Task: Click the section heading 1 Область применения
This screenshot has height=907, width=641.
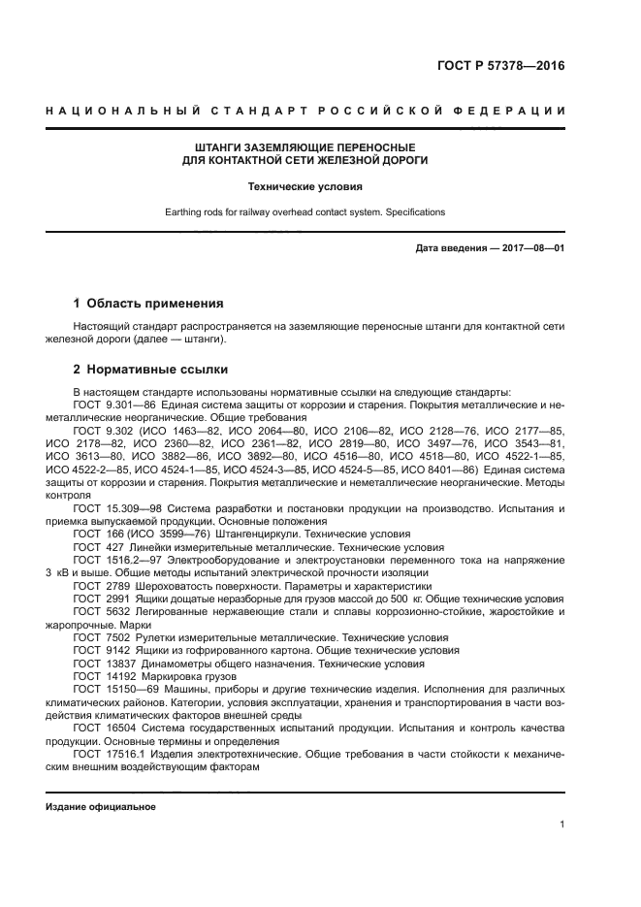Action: coord(148,303)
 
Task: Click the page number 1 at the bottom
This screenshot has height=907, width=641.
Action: coord(562,825)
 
